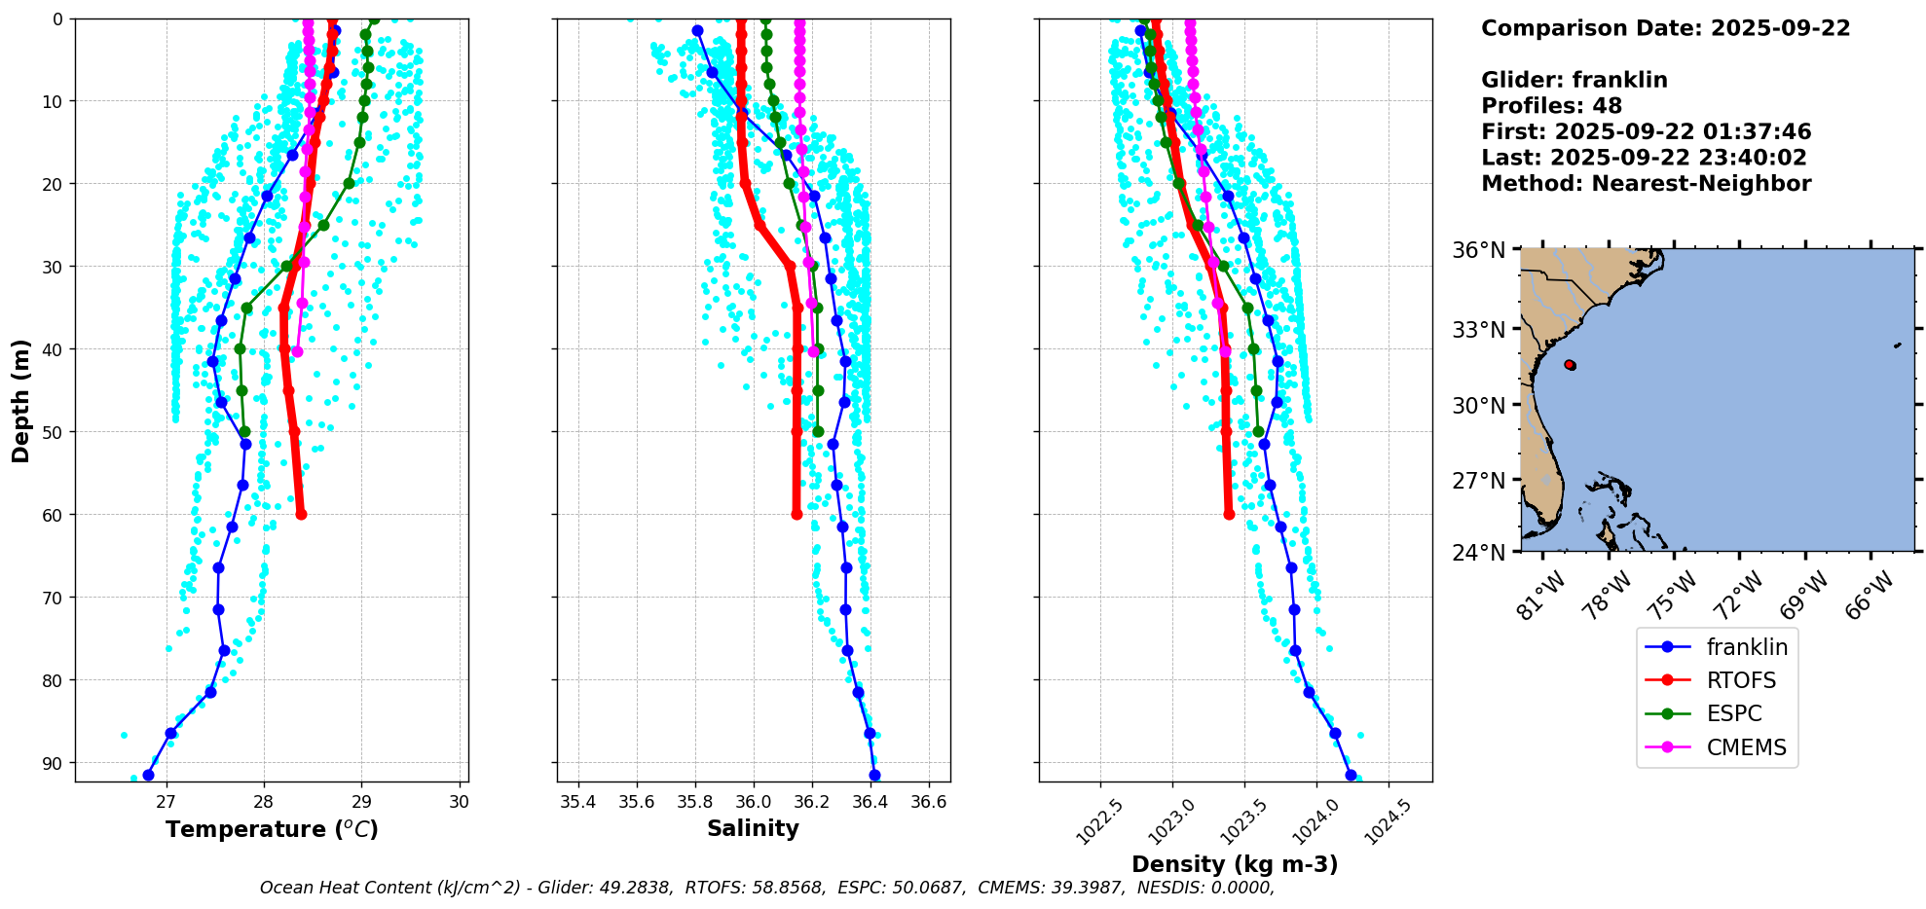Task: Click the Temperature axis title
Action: [x=272, y=829]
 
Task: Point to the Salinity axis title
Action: [x=753, y=828]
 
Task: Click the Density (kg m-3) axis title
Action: [x=1235, y=864]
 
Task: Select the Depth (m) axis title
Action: [x=21, y=400]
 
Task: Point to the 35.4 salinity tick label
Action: [x=578, y=802]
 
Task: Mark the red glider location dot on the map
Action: [x=1570, y=365]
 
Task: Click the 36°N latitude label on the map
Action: [x=1479, y=251]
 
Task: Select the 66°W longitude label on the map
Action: [x=1870, y=596]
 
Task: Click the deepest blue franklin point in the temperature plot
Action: [x=148, y=775]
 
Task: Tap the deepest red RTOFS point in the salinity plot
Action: [x=796, y=514]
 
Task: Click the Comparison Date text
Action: [x=1665, y=28]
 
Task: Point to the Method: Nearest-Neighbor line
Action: [x=1646, y=184]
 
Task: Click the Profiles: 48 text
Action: [x=1551, y=106]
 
